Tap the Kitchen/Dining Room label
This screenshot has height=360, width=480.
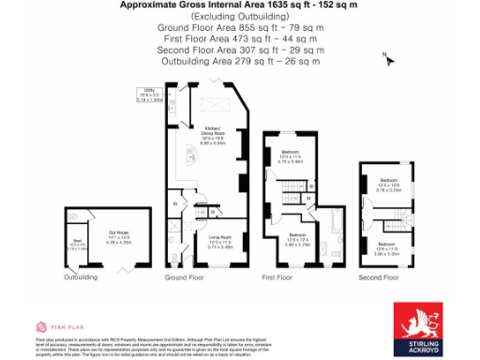[213, 135]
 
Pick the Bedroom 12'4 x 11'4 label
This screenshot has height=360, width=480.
[292, 156]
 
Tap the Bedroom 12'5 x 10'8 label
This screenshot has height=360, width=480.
[387, 184]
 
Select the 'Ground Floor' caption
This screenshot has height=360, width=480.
[184, 278]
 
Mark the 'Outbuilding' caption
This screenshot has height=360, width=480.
[81, 278]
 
